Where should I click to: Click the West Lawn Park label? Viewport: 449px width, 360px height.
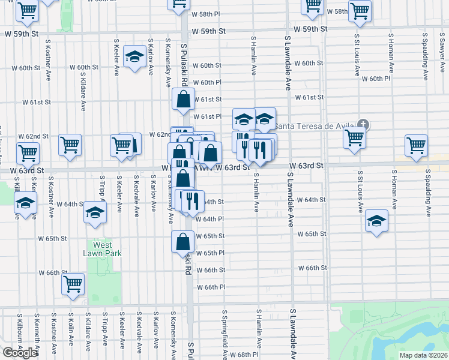point(103,249)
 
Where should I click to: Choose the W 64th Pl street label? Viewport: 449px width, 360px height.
point(209,219)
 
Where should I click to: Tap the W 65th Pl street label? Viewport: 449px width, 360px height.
point(209,253)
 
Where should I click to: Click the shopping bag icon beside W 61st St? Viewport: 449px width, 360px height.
point(184,99)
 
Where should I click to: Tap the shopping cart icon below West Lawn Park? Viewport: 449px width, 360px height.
point(73,283)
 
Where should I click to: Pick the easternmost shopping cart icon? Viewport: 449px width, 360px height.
point(416,145)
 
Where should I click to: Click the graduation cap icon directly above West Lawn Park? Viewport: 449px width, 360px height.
point(95,214)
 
